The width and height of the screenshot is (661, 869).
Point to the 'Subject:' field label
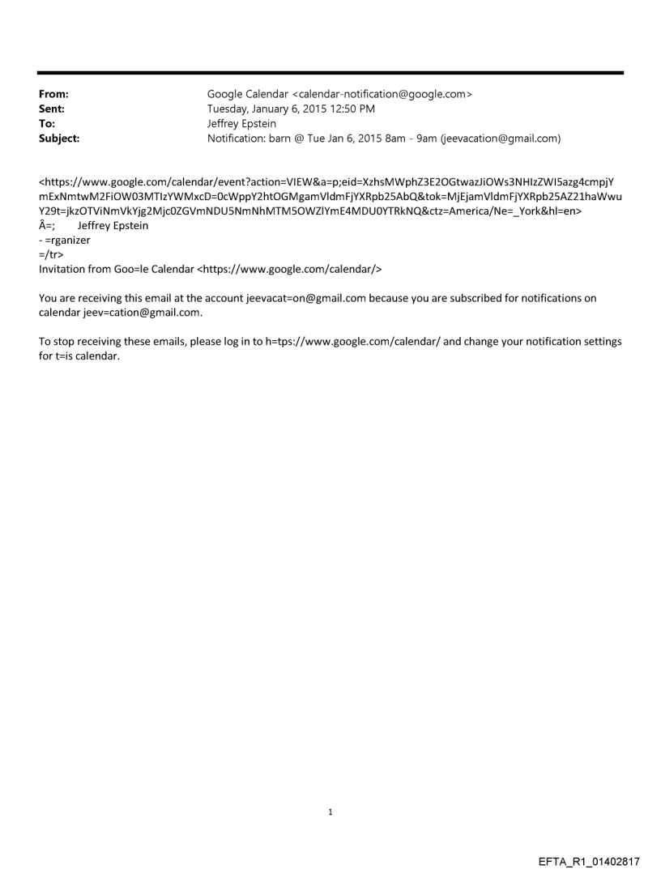click(x=59, y=138)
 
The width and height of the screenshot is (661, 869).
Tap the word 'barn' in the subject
click(x=280, y=138)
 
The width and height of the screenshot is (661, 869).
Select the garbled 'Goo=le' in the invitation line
click(x=126, y=269)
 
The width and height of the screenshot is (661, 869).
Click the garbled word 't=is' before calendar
click(x=64, y=356)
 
